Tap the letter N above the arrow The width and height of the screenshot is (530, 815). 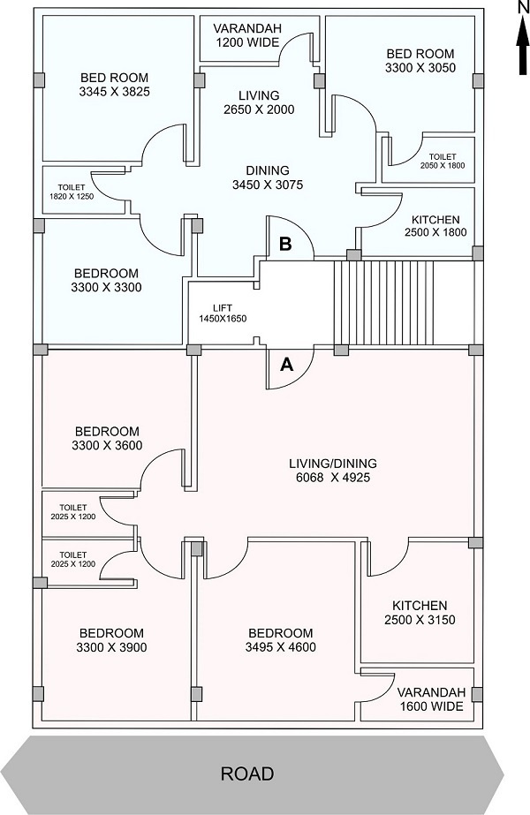[x=521, y=8]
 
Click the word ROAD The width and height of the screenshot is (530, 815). [x=247, y=773]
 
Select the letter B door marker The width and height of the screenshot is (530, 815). [x=285, y=244]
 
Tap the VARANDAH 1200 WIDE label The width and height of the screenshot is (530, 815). [x=247, y=36]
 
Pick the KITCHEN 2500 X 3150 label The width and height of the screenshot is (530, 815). [x=419, y=613]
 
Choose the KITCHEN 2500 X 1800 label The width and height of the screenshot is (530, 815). [x=435, y=226]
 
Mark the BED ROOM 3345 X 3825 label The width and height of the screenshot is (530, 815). [x=115, y=84]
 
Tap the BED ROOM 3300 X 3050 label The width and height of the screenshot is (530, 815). [x=420, y=60]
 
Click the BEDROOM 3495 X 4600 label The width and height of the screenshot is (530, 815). [x=280, y=640]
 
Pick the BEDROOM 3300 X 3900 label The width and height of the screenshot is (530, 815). [x=111, y=640]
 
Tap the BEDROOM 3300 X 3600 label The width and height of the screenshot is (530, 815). [x=108, y=438]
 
